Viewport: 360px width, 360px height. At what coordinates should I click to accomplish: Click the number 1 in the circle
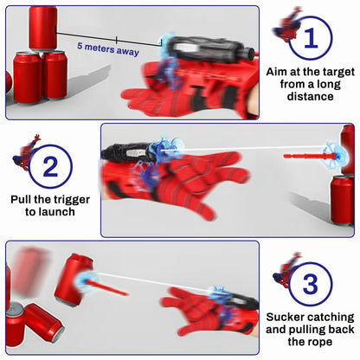pyautogui.click(x=311, y=38)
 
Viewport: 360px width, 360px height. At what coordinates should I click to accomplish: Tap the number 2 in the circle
pyautogui.click(x=50, y=166)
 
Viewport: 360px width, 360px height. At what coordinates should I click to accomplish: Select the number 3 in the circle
pyautogui.click(x=311, y=284)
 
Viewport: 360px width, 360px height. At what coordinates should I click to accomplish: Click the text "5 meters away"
pyautogui.click(x=108, y=48)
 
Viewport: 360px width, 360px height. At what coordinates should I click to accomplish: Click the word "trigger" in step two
pyautogui.click(x=70, y=200)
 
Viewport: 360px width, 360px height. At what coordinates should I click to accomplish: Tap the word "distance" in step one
pyautogui.click(x=310, y=96)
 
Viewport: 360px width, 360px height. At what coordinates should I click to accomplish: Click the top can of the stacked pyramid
pyautogui.click(x=43, y=29)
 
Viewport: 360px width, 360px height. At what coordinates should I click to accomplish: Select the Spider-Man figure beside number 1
pyautogui.click(x=287, y=25)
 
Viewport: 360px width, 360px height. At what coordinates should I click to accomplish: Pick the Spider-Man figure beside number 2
pyautogui.click(x=27, y=152)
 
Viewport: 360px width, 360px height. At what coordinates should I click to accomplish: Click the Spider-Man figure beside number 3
pyautogui.click(x=287, y=270)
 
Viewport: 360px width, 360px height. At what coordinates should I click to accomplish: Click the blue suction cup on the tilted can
pyautogui.click(x=86, y=280)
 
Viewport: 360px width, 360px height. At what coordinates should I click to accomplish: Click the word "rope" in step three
pyautogui.click(x=320, y=343)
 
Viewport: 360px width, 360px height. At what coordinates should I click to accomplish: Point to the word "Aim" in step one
pyautogui.click(x=276, y=72)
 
